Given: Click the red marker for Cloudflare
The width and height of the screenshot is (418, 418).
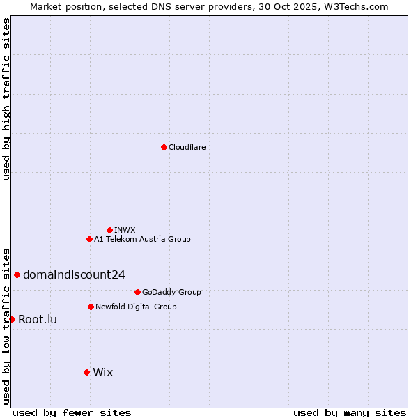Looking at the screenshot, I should (x=164, y=147).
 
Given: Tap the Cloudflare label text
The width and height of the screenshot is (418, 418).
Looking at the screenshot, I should (x=187, y=147).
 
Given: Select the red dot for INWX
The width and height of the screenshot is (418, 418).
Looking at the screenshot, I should (x=109, y=230).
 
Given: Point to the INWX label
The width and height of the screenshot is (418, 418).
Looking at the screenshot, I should (x=125, y=230).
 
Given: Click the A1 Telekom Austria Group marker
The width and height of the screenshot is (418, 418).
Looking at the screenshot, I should (x=89, y=239).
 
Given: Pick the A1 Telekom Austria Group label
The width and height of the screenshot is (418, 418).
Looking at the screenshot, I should (x=142, y=239).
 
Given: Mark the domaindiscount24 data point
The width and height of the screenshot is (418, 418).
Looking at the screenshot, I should (x=17, y=274).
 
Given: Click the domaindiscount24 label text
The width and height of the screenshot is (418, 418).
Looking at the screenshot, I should (x=74, y=274).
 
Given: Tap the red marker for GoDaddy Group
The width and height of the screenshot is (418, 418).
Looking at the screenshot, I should (x=137, y=292).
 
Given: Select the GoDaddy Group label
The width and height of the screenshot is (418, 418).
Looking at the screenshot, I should (x=171, y=292).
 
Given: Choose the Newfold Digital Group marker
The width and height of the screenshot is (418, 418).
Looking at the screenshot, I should (x=91, y=307).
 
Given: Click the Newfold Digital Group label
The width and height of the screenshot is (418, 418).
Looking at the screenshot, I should (x=136, y=307).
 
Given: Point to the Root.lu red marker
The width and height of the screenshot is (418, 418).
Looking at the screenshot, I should (x=12, y=319).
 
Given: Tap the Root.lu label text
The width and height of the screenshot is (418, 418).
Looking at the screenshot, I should (x=38, y=320).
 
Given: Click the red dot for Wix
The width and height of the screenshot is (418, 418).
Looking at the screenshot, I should (x=86, y=372).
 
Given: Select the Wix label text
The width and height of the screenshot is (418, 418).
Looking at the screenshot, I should (x=102, y=372).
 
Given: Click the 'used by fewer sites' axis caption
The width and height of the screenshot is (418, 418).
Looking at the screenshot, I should (x=72, y=412).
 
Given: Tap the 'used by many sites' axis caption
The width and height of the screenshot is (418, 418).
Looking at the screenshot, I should (x=350, y=412).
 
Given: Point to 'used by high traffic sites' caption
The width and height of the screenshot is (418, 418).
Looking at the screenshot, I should (x=6, y=99).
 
